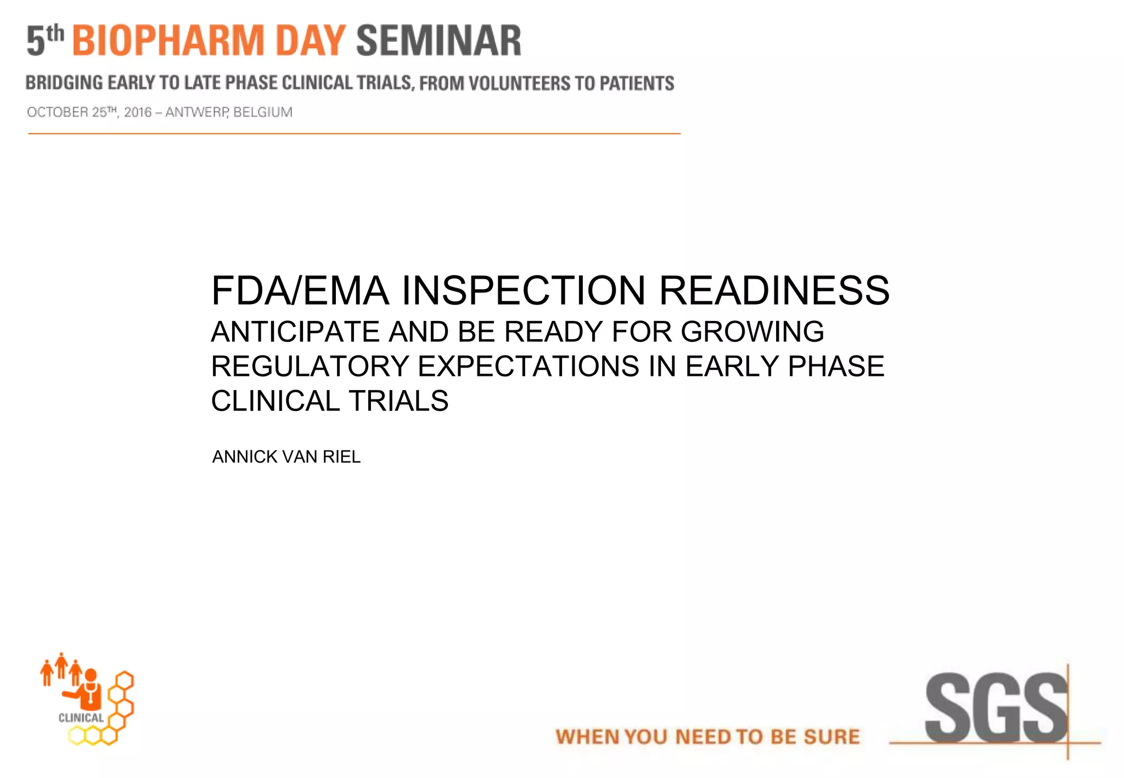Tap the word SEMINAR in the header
click(x=439, y=41)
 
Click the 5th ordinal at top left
click(x=45, y=40)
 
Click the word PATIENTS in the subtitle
click(x=637, y=83)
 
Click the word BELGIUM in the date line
click(x=263, y=112)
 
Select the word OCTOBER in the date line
click(x=57, y=112)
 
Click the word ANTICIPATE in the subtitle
click(x=295, y=332)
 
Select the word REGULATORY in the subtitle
click(x=310, y=367)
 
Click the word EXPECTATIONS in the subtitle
click(x=528, y=367)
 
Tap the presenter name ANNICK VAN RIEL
click(x=286, y=456)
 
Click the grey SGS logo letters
click(x=995, y=708)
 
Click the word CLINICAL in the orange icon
click(x=81, y=718)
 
